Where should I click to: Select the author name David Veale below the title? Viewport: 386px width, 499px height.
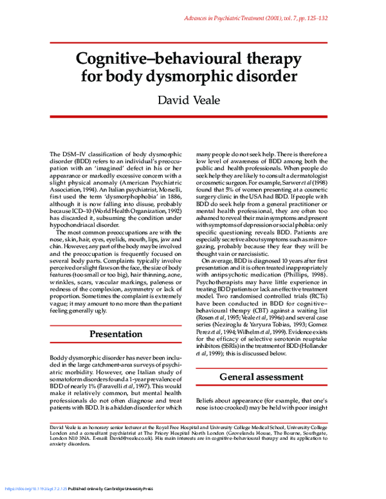tap(193, 100)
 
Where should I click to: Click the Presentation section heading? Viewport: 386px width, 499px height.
tap(116, 334)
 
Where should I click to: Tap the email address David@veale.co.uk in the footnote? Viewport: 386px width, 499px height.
tap(138, 439)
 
